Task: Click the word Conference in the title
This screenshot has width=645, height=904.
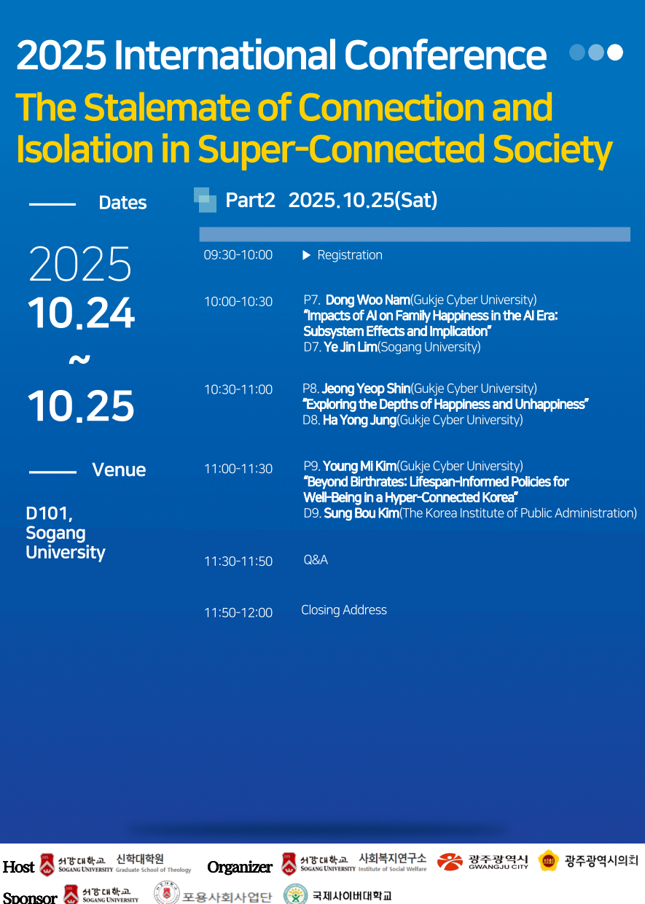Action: pyautogui.click(x=445, y=55)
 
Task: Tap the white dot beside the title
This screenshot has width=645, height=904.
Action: pyautogui.click(x=614, y=52)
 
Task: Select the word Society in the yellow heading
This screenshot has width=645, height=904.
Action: pyautogui.click(x=552, y=149)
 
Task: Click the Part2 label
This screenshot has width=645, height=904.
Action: pyautogui.click(x=250, y=200)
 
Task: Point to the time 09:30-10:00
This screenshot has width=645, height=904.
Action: pyautogui.click(x=238, y=255)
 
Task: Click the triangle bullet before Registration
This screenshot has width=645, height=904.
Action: pyautogui.click(x=307, y=255)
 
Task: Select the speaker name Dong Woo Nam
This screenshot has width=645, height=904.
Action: pyautogui.click(x=368, y=300)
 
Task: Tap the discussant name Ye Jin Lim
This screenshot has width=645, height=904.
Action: pyautogui.click(x=350, y=347)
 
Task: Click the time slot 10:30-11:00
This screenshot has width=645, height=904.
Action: pyautogui.click(x=238, y=389)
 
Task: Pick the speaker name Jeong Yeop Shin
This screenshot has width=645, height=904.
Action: pyautogui.click(x=366, y=389)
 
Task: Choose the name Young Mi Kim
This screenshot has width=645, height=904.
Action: pyautogui.click(x=360, y=466)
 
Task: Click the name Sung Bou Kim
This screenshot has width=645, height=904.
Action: pyautogui.click(x=361, y=513)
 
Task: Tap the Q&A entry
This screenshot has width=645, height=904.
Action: pyautogui.click(x=316, y=560)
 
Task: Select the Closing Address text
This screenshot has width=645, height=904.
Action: pyautogui.click(x=344, y=609)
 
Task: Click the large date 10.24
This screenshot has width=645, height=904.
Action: pyautogui.click(x=81, y=313)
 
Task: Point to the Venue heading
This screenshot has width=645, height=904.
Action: pyautogui.click(x=119, y=469)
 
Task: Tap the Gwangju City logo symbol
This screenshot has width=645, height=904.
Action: pyautogui.click(x=450, y=862)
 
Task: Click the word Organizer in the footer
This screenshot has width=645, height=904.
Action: pyautogui.click(x=240, y=867)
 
